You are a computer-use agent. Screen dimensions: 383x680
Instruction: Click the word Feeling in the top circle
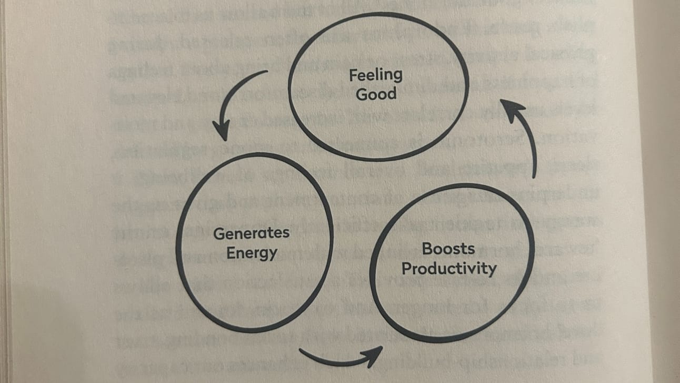pos(375,75)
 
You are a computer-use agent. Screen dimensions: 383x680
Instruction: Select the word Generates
pos(252,233)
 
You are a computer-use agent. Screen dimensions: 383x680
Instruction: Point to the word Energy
pos(252,252)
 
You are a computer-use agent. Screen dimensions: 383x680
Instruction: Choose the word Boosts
pos(448,249)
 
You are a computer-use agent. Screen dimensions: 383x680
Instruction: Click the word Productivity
pos(448,269)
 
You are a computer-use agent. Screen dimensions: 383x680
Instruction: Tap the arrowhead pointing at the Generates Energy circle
pos(222,129)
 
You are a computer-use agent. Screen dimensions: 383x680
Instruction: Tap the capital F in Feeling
pos(353,75)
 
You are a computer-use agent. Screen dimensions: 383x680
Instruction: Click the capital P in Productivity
pos(406,268)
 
